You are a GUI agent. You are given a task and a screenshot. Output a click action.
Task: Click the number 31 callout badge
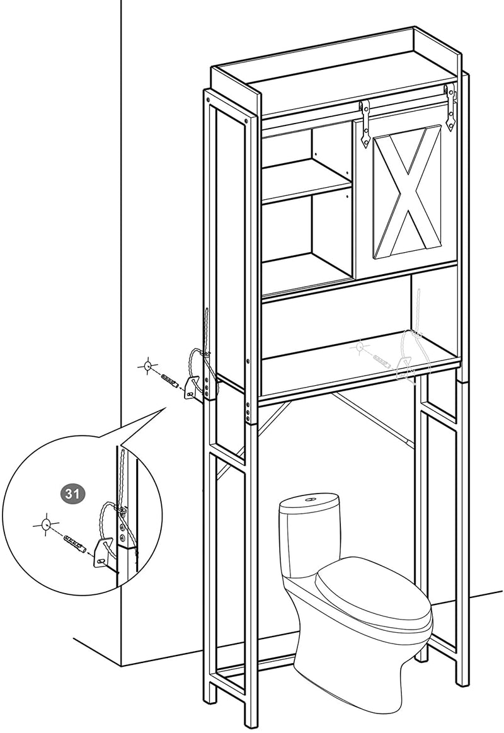[72, 494]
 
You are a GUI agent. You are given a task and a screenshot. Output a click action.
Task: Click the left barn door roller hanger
[365, 124]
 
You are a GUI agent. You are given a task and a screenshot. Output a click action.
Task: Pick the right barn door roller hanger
[450, 106]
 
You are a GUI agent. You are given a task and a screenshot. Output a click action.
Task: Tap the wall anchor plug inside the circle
[73, 543]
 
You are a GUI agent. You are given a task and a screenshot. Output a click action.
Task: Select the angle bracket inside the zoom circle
[104, 553]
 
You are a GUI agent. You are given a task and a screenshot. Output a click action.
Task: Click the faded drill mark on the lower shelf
[360, 347]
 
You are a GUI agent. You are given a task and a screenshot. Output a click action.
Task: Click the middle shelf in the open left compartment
[306, 180]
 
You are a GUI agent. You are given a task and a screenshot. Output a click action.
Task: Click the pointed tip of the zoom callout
[166, 408]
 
